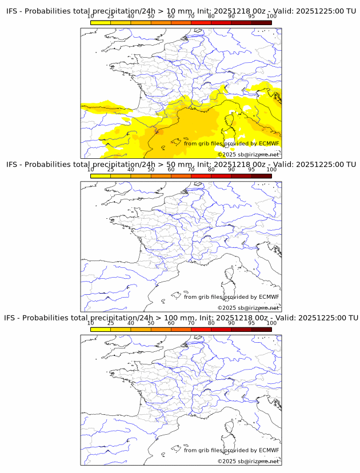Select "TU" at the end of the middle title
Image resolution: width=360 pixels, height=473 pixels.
pyautogui.click(x=350, y=165)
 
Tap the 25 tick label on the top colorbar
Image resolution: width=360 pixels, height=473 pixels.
pyautogui.click(x=111, y=17)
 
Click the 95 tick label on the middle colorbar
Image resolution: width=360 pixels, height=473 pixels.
pyautogui.click(x=251, y=170)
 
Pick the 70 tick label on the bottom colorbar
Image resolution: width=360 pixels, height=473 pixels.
pyautogui.click(x=191, y=323)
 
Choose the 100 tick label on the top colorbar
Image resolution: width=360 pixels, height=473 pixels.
pyautogui.click(x=271, y=17)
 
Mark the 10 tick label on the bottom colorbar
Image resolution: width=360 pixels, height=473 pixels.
pyautogui.click(x=91, y=323)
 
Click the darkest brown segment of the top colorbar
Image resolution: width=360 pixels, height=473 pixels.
pyautogui.click(x=261, y=22)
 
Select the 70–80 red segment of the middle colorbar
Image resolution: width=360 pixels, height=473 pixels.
pyautogui.click(x=201, y=175)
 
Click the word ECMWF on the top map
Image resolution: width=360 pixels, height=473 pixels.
pyautogui.click(x=269, y=143)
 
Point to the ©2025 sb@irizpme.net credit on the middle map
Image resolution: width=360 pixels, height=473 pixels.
pyautogui.click(x=249, y=307)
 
